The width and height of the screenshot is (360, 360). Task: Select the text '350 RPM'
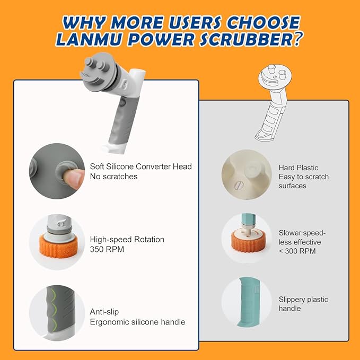pyautogui.click(x=107, y=249)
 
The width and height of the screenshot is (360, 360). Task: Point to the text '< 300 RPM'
pyautogui.click(x=297, y=251)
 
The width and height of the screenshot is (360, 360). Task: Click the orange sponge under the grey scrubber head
pyautogui.click(x=57, y=248)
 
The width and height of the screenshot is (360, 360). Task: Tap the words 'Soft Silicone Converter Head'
pyautogui.click(x=141, y=166)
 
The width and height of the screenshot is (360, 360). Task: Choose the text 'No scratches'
pyautogui.click(x=113, y=177)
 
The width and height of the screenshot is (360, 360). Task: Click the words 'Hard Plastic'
pyautogui.click(x=298, y=168)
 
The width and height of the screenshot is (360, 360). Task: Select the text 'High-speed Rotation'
pyautogui.click(x=127, y=240)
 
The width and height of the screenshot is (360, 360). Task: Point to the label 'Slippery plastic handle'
pyautogui.click(x=303, y=304)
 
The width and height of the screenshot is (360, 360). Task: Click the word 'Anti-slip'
pyautogui.click(x=104, y=312)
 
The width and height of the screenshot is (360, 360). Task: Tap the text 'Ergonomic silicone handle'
pyautogui.click(x=137, y=322)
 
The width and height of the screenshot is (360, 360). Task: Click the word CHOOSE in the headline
pyautogui.click(x=263, y=22)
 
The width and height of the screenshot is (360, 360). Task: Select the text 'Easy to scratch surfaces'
pyautogui.click(x=303, y=181)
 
